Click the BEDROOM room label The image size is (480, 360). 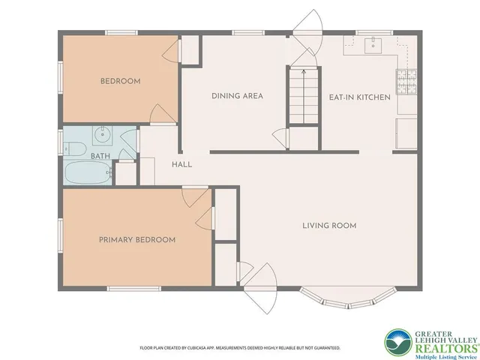point(120,81)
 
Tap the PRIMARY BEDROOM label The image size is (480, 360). point(137,240)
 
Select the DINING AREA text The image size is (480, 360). point(236,96)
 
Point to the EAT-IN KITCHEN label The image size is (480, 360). point(360,97)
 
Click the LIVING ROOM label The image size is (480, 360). point(328,225)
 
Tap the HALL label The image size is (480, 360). point(181,165)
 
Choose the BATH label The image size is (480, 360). point(100,156)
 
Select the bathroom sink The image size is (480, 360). point(101,137)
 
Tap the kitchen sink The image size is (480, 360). point(373,46)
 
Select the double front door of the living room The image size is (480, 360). point(258,285)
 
